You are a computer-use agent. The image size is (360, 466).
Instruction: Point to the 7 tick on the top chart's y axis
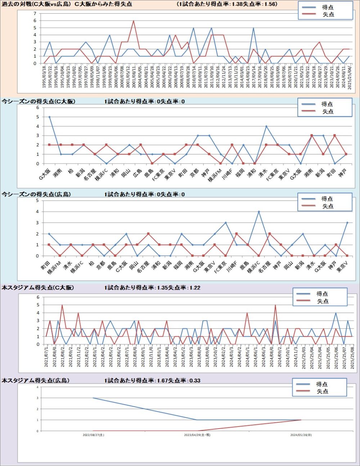[x=35, y=14]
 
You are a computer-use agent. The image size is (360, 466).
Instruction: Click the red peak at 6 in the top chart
[x=134, y=21]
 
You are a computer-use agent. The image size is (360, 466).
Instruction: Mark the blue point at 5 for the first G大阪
[x=49, y=117]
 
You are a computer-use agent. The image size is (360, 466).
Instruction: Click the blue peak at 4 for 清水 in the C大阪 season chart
[x=266, y=126]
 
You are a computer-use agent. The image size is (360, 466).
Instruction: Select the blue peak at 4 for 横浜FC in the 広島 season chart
[x=258, y=212]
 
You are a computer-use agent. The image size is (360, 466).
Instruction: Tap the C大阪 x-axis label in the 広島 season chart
[x=122, y=267]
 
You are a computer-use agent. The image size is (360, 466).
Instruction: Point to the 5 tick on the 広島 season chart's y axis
[x=37, y=200]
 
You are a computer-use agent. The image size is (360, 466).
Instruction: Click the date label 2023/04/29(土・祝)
[x=197, y=435]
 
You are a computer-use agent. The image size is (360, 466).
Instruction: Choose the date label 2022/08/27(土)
[x=93, y=435]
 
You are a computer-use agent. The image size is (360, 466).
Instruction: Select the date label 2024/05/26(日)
[x=301, y=435]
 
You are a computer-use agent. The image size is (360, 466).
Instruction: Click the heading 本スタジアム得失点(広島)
[x=36, y=380]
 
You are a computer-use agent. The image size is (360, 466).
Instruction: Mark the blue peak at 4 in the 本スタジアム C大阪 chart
[x=336, y=313]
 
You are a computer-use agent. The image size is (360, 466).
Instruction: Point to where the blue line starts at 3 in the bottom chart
[x=93, y=398]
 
